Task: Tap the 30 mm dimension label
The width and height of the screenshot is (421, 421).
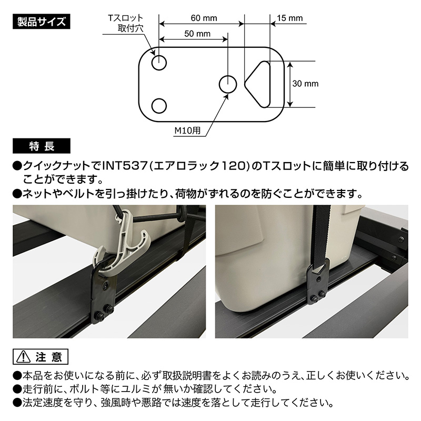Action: click(306, 84)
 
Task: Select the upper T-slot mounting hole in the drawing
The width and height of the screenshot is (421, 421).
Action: click(159, 63)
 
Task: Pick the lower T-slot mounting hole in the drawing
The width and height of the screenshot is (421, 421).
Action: click(159, 106)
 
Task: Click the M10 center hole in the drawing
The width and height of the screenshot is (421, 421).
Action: click(227, 84)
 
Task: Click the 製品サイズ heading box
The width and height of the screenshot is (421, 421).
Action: click(42, 22)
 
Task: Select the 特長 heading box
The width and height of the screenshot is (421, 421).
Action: click(42, 145)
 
